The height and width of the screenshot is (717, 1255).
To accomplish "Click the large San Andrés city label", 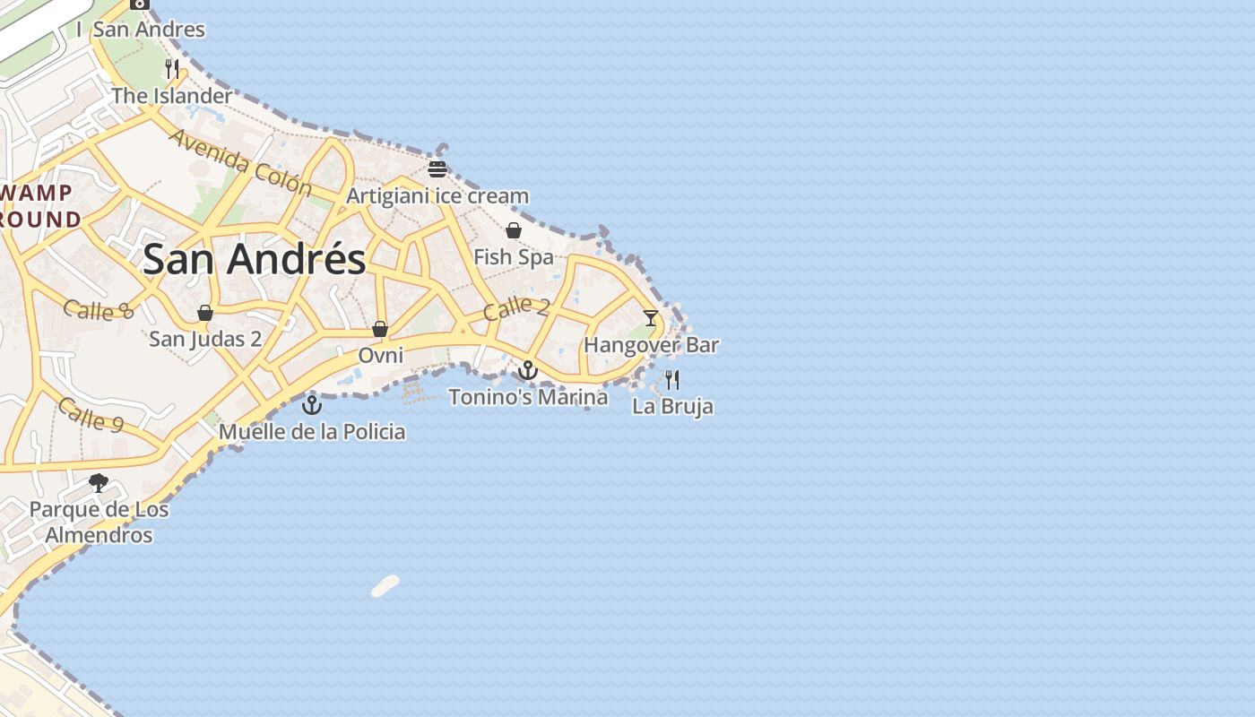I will tap(254, 260).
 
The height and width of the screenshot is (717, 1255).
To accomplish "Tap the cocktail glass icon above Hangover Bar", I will tap(651, 318).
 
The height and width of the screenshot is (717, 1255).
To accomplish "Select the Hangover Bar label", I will tap(651, 345).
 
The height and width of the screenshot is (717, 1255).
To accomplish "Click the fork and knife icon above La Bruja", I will tap(672, 379).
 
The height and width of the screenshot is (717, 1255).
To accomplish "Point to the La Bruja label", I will tap(672, 406).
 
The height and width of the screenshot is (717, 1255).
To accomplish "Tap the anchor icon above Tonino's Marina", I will tap(528, 369).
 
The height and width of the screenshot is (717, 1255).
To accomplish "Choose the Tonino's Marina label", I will tap(528, 396).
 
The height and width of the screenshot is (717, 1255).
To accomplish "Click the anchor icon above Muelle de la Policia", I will tap(311, 404).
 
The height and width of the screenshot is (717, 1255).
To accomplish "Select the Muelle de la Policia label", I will tap(312, 432).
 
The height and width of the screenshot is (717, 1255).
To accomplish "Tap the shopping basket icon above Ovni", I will tap(380, 329).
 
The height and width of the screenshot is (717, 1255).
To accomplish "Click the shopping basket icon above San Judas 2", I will tap(205, 312).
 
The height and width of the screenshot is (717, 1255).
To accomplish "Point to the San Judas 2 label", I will tap(205, 339).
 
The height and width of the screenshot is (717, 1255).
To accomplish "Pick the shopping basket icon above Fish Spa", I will tap(514, 230).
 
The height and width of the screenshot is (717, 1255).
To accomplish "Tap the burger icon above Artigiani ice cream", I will tap(437, 168).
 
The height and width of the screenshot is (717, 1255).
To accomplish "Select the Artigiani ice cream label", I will tap(437, 195).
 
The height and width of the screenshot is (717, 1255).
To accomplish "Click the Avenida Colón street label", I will tap(239, 162).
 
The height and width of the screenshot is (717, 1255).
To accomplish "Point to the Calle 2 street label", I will tap(516, 308).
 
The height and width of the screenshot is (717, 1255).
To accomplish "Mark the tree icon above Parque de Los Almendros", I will tap(99, 483).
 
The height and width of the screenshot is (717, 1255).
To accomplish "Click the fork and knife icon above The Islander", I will tap(172, 68).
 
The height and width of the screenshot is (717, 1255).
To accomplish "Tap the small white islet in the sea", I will tap(385, 586).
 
